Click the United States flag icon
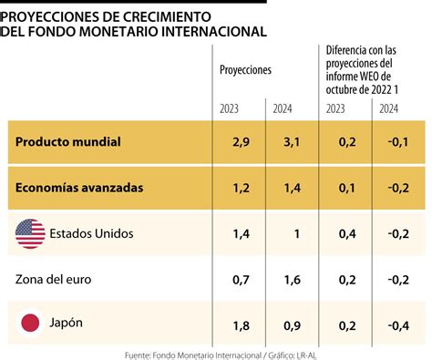[30, 233]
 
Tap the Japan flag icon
[30, 323]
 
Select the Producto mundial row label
[68, 142]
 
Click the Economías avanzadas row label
[79, 188]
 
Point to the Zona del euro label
[53, 280]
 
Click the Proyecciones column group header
[245, 70]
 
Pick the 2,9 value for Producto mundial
[241, 142]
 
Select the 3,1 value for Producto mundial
[292, 142]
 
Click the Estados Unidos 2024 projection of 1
[297, 234]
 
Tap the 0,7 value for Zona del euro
[241, 280]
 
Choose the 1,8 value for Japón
[241, 326]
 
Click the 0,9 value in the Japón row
[292, 326]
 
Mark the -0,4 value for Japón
[398, 326]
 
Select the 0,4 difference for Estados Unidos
[347, 234]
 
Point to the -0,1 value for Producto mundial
[398, 142]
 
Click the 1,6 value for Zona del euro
[292, 280]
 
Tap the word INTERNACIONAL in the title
[214, 32]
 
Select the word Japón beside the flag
[66, 323]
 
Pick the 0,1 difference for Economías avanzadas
[347, 188]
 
